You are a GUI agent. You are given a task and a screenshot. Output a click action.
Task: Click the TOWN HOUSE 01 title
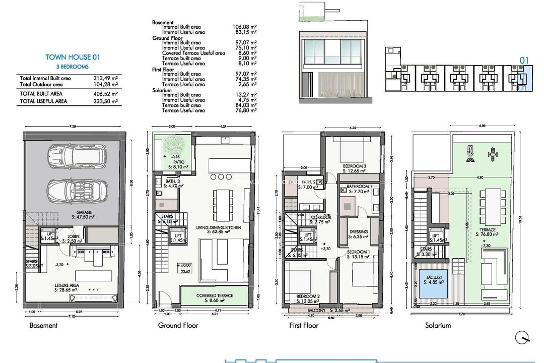[73, 57]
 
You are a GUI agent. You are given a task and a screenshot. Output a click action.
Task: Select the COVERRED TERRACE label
[215, 296]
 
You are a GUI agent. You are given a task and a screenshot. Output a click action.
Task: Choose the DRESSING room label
[358, 232]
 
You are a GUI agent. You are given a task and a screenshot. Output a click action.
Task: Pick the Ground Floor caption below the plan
[178, 325]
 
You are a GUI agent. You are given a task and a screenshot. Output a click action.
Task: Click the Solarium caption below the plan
[438, 325]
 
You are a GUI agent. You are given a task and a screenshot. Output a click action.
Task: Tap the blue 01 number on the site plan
[524, 60]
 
